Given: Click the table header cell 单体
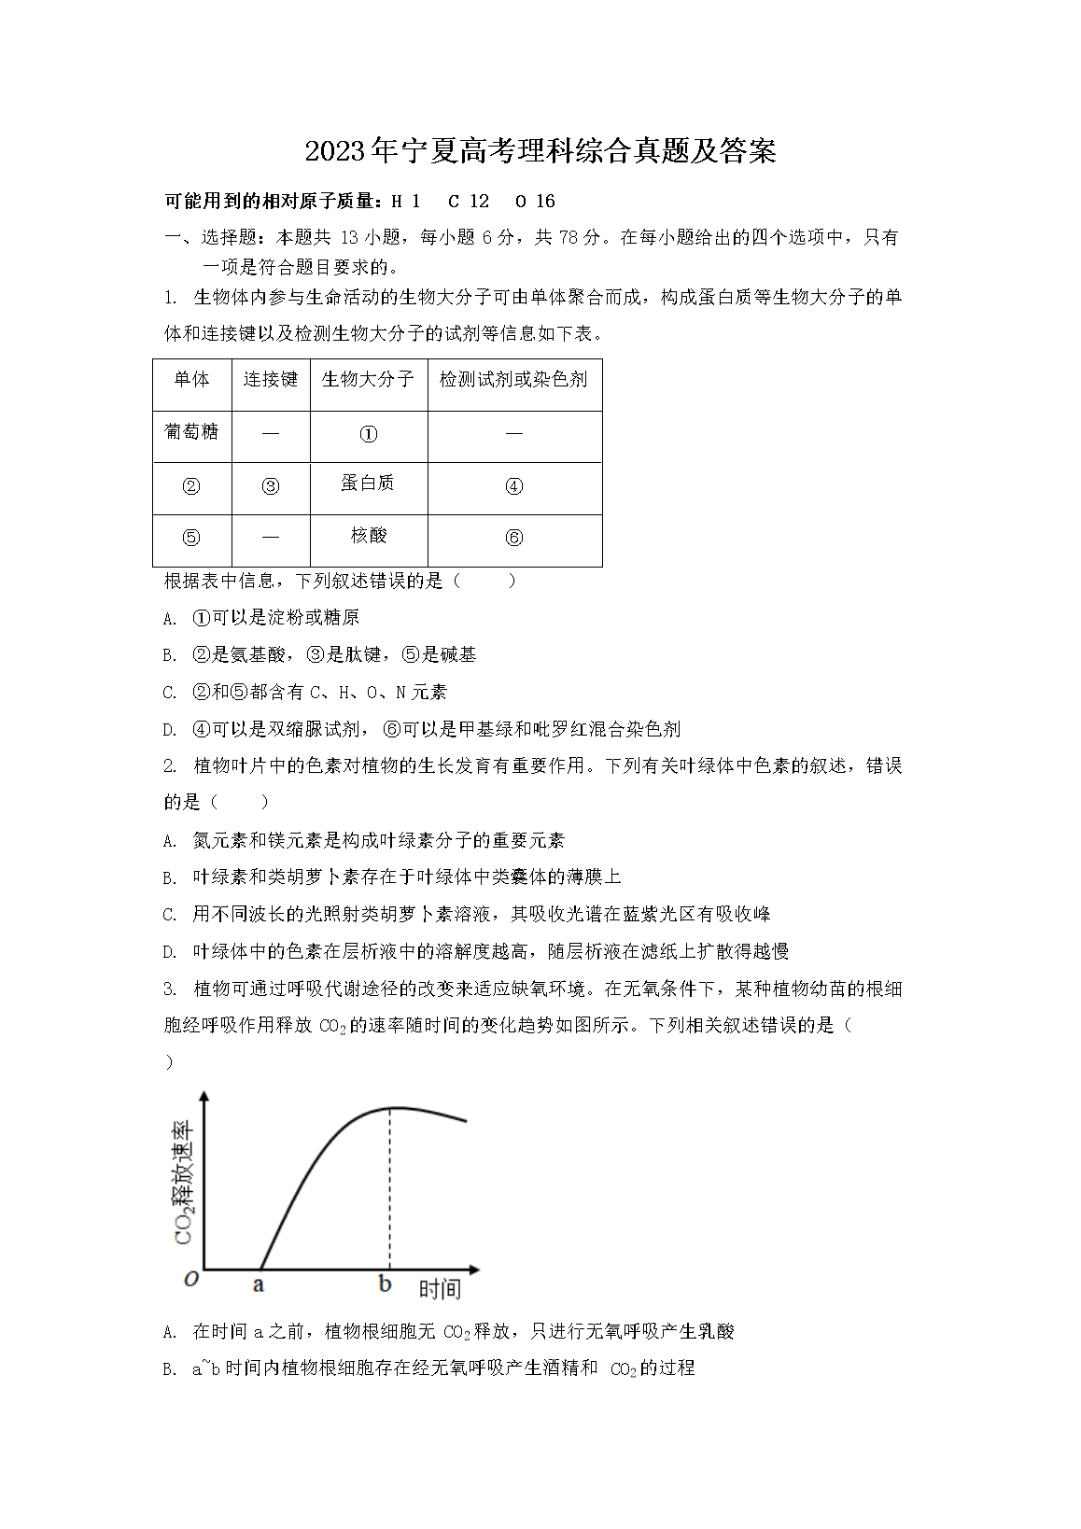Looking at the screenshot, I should [x=191, y=379].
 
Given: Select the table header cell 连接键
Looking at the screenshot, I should [x=271, y=379].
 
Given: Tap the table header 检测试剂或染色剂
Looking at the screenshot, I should [x=513, y=379].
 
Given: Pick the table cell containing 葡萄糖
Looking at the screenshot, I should [x=191, y=431].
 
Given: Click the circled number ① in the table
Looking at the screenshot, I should [x=368, y=434].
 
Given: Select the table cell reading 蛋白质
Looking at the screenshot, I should [x=368, y=483].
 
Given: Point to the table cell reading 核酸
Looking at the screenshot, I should [x=368, y=536].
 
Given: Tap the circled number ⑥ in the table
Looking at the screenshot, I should [x=513, y=539].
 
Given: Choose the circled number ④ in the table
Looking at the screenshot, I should [x=513, y=486].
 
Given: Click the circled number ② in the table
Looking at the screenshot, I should [x=191, y=486].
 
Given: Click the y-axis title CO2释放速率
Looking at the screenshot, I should [x=184, y=1182].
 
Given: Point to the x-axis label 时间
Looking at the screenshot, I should [x=439, y=1289].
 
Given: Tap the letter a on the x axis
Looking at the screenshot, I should [x=259, y=1285].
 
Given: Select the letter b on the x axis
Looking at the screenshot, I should [x=386, y=1284].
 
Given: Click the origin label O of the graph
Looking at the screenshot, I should [x=191, y=1280].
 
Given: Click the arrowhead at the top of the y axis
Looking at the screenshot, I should [x=204, y=1098].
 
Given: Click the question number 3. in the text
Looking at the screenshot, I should [x=170, y=989].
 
